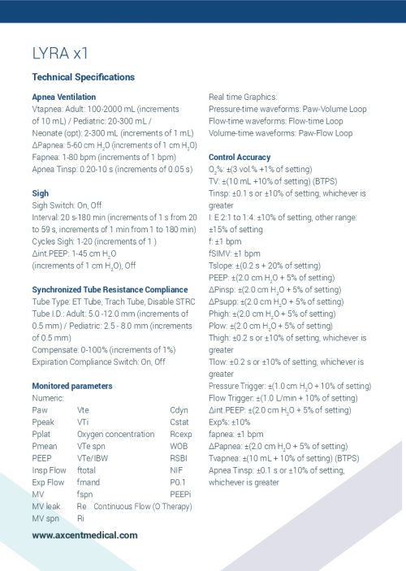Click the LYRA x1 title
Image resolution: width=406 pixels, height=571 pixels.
tap(60, 55)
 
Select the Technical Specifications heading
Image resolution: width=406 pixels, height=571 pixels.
tap(83, 77)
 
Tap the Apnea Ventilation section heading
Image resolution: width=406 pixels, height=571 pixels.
tap(63, 97)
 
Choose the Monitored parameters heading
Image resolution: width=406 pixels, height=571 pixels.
tap(72, 385)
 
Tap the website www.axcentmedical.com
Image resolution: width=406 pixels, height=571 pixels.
tap(84, 535)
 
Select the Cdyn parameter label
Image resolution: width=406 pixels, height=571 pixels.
tap(179, 410)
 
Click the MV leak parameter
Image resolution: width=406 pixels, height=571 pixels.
tap(46, 506)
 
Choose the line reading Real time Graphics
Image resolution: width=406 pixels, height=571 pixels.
tap(243, 97)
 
